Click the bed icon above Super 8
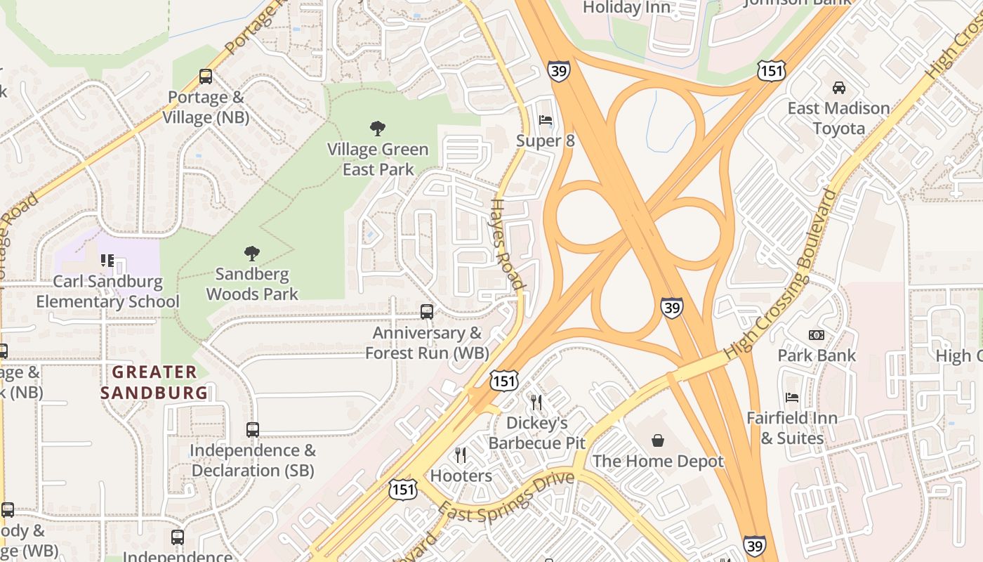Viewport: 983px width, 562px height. [546, 120]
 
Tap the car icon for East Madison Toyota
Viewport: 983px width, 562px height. [838, 88]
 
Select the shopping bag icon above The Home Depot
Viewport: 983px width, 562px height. [658, 440]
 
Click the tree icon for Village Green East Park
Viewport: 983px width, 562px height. [378, 129]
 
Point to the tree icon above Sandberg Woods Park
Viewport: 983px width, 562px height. [252, 254]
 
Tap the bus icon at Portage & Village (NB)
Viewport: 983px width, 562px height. [206, 77]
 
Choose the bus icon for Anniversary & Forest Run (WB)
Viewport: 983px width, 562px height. [426, 312]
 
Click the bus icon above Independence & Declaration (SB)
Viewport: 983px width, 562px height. [253, 429]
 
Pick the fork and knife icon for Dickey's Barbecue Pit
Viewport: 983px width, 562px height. [536, 403]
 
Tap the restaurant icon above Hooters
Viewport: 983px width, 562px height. [461, 455]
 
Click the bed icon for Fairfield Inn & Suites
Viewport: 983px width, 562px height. [792, 398]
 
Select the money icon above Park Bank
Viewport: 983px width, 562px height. [816, 335]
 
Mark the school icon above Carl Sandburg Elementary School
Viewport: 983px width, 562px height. [107, 261]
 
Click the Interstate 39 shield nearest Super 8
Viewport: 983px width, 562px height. [559, 70]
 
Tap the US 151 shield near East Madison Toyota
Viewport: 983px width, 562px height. [771, 70]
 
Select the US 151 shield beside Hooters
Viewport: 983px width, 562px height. [404, 490]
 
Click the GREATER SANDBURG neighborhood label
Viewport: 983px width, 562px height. [154, 382]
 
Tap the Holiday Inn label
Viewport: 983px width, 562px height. [622, 8]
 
